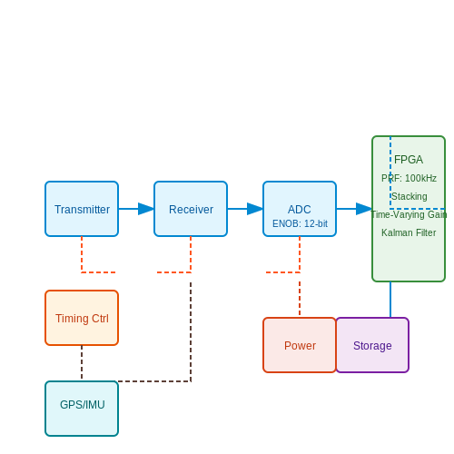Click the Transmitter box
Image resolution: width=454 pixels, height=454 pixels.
(82, 209)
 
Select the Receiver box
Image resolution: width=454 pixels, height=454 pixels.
(191, 209)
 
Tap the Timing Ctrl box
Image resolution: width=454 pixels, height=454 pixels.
(82, 318)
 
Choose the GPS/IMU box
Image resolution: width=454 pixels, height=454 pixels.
(82, 409)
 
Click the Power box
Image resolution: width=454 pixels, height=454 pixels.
(300, 345)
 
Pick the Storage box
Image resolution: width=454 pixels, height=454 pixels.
(372, 345)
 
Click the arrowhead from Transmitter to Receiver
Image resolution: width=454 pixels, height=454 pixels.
(146, 209)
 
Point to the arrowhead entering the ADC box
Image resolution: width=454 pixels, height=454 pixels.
(255, 209)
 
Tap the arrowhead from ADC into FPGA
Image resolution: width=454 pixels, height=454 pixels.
(364, 209)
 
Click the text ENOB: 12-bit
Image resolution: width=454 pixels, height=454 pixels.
(300, 223)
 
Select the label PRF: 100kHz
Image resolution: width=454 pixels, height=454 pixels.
(409, 178)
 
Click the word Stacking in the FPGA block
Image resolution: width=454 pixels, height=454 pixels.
(410, 196)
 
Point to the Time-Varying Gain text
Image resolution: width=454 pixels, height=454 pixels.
(409, 214)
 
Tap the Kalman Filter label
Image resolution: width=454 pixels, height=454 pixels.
(409, 232)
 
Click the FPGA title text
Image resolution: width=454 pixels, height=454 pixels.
(409, 160)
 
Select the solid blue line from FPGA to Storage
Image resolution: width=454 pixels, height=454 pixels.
(390, 300)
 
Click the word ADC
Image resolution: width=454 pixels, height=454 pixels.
(300, 209)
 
